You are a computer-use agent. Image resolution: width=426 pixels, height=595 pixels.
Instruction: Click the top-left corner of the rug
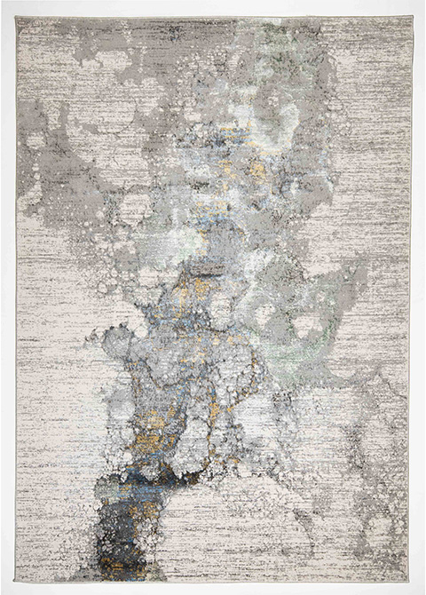click(17, 17)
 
